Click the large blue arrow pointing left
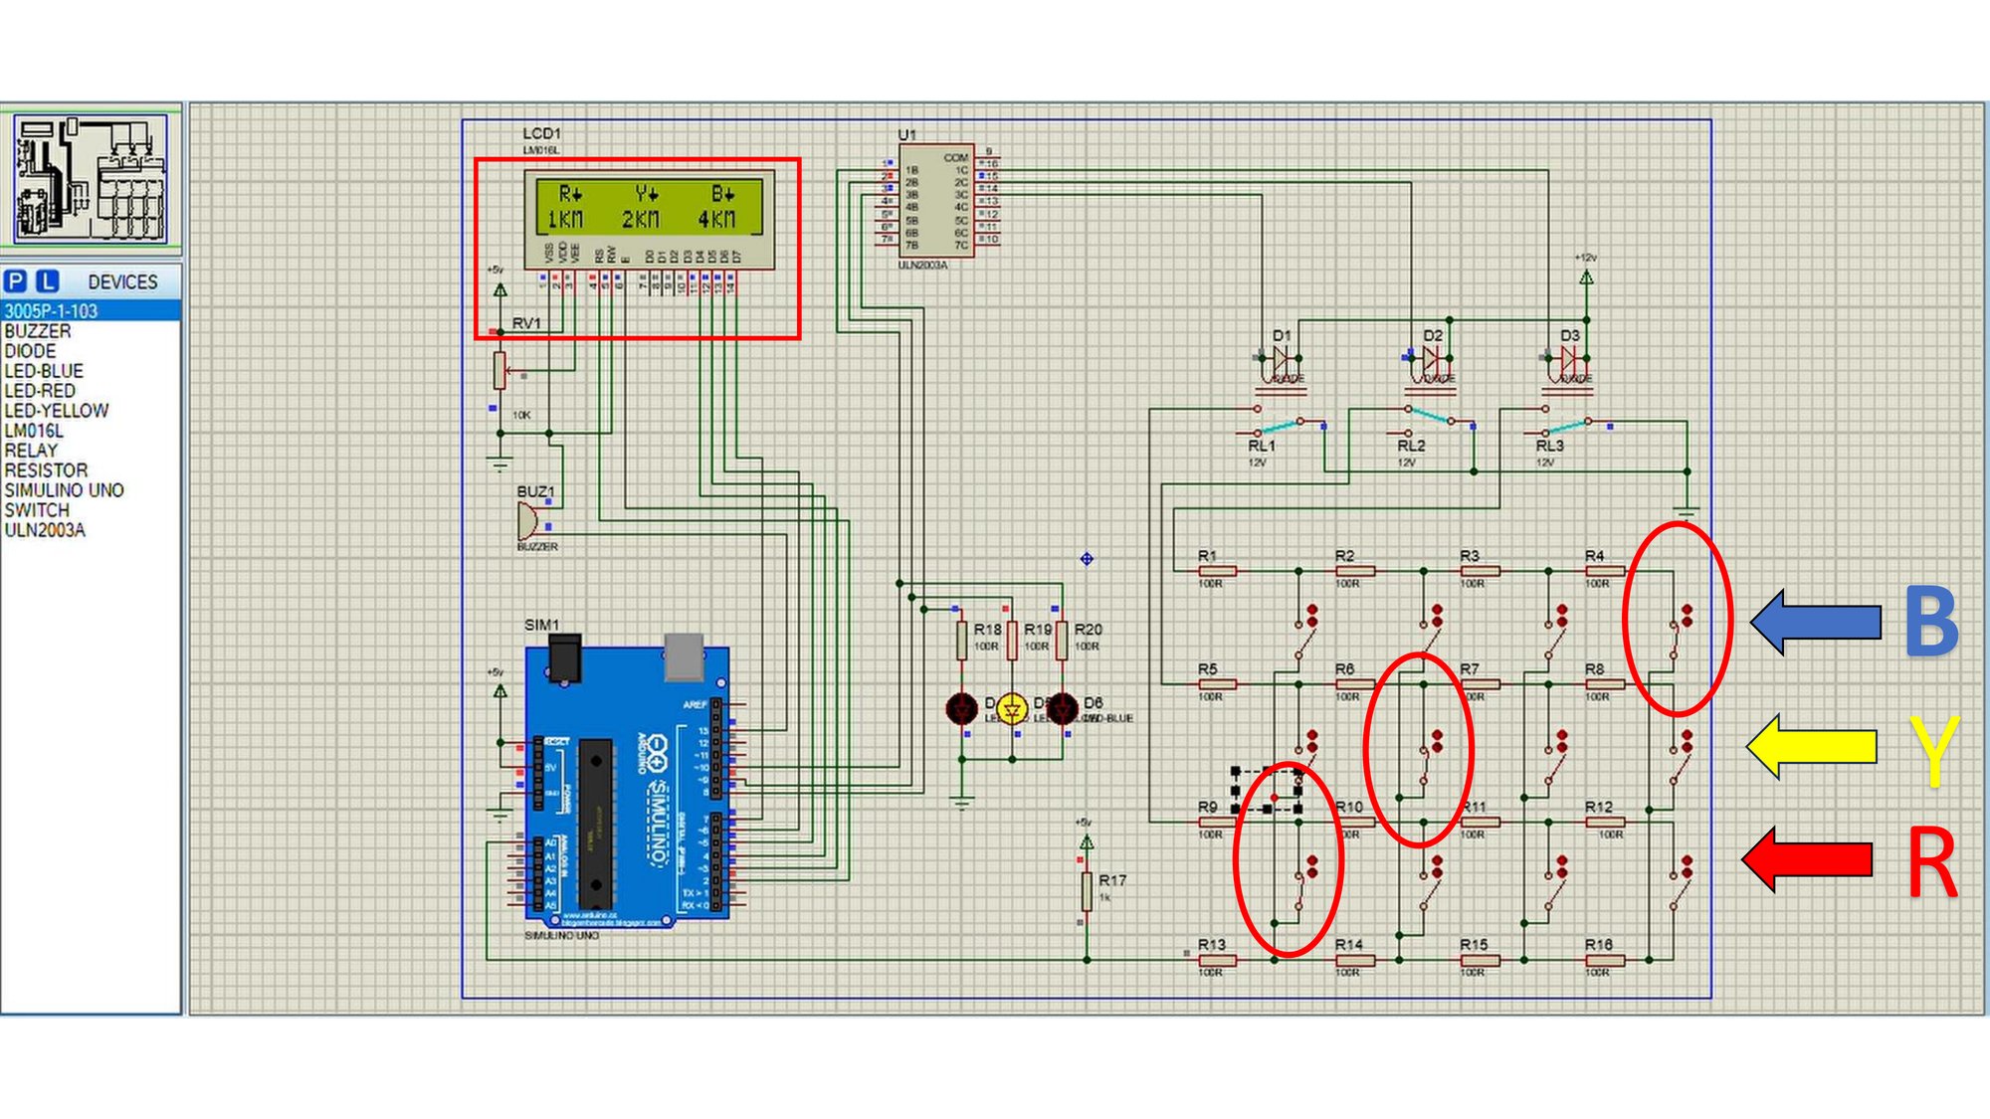tap(1815, 622)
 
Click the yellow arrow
tap(1810, 746)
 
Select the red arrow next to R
tap(1807, 858)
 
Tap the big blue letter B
tap(1931, 623)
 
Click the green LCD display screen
tap(649, 206)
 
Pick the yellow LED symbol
tap(1012, 708)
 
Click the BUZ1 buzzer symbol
tap(527, 520)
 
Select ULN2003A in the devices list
tap(45, 530)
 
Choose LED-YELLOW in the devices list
tap(57, 411)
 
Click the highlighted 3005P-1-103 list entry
tap(51, 311)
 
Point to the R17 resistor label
tap(1112, 880)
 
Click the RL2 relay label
tap(1411, 446)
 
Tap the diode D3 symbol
tap(1569, 359)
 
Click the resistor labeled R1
tap(1217, 571)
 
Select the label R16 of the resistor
tap(1598, 944)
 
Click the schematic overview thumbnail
tap(91, 178)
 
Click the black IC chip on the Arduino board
tap(596, 824)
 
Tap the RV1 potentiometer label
tap(526, 323)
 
